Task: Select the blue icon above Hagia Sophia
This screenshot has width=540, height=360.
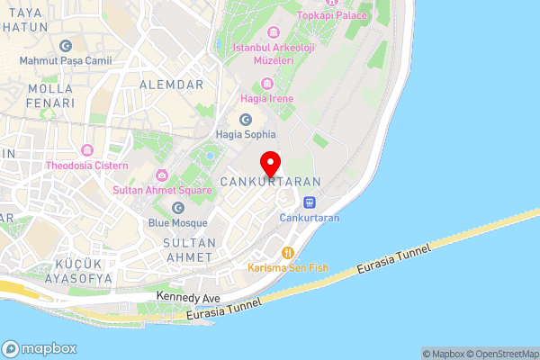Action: (245, 120)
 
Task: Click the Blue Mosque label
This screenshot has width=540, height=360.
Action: (179, 222)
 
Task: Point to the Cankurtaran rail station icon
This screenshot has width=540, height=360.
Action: (309, 202)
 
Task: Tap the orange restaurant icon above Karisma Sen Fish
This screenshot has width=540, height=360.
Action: (288, 252)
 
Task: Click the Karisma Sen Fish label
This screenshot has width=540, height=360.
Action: (288, 267)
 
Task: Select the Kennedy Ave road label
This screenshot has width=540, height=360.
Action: (188, 296)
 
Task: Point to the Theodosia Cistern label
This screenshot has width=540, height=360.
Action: (87, 166)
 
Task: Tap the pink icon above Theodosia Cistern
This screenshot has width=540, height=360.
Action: (87, 150)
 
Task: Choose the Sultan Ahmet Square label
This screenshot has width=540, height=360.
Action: (162, 190)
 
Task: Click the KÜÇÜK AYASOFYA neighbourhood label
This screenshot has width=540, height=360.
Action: (72, 271)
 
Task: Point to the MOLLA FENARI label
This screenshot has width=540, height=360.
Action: (50, 96)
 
